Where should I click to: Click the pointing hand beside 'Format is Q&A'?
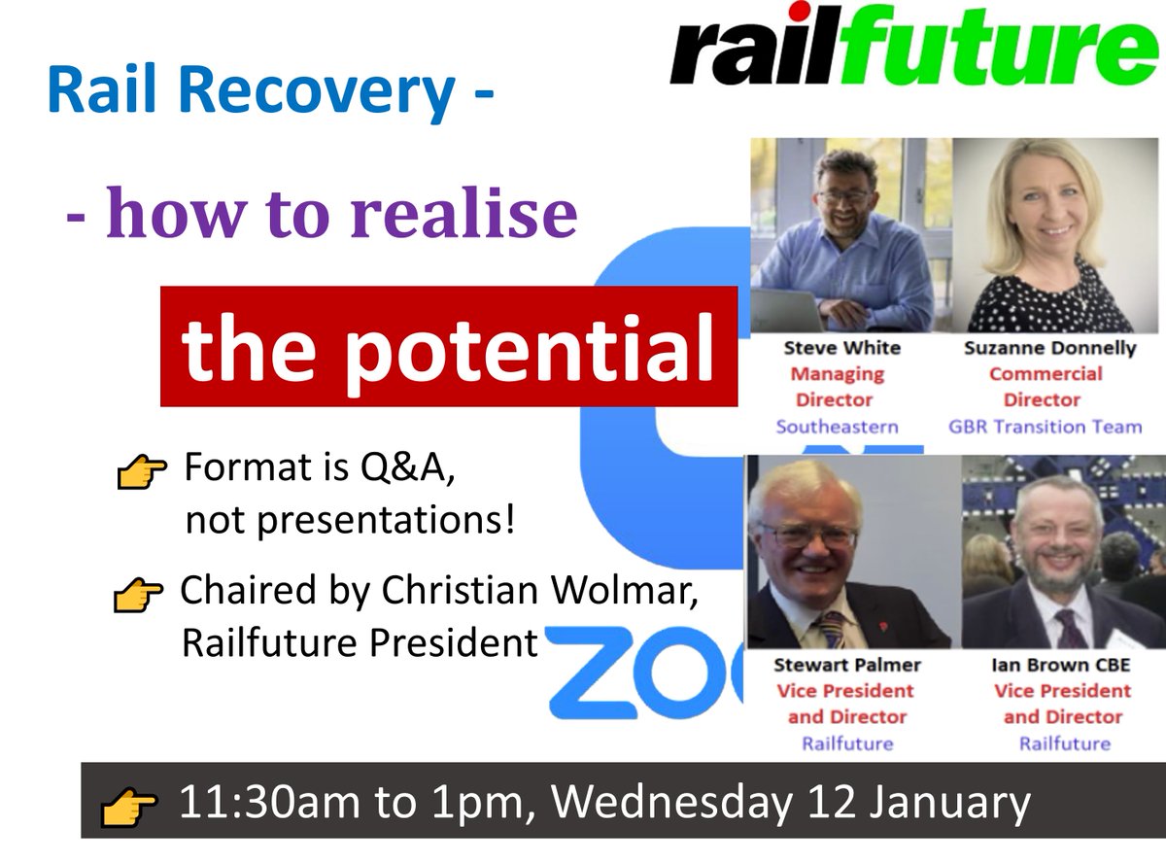coord(141,473)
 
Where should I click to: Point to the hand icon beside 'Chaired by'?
coord(139,594)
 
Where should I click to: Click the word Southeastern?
coord(837,426)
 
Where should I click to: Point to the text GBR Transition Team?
coord(1045,426)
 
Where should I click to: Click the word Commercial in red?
coord(1045,374)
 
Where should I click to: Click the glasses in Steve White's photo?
coord(843,196)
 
